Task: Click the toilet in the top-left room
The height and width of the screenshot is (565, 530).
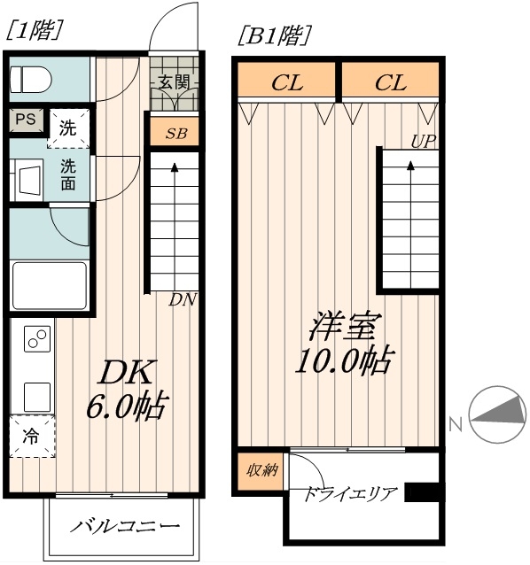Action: click(x=30, y=80)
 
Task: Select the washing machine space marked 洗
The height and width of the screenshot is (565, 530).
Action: click(x=68, y=126)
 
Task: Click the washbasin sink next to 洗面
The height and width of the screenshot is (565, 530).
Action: click(x=30, y=175)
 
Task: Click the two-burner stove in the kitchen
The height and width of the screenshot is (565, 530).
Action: click(x=36, y=337)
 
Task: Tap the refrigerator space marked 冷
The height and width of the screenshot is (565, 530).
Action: click(x=32, y=436)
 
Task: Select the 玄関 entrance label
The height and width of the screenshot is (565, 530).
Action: click(x=174, y=82)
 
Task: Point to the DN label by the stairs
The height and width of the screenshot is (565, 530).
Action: click(x=183, y=299)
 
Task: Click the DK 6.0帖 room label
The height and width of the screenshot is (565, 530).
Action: click(x=126, y=390)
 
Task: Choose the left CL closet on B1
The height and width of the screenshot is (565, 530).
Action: click(x=286, y=83)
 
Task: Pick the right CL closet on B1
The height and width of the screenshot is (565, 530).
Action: click(x=390, y=83)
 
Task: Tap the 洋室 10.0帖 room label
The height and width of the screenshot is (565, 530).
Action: click(x=342, y=343)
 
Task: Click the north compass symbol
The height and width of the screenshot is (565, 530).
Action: click(x=495, y=416)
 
